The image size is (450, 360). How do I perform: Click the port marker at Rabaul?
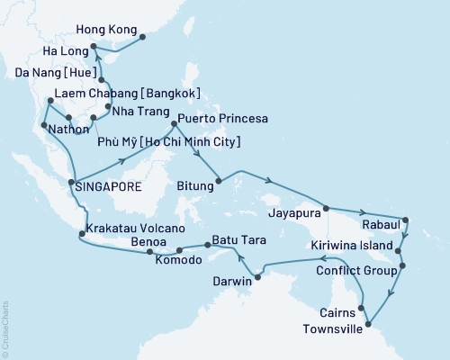tap(405, 219)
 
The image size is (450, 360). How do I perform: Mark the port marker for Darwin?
tap(258, 274)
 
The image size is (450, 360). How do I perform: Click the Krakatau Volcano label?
tap(132, 230)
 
